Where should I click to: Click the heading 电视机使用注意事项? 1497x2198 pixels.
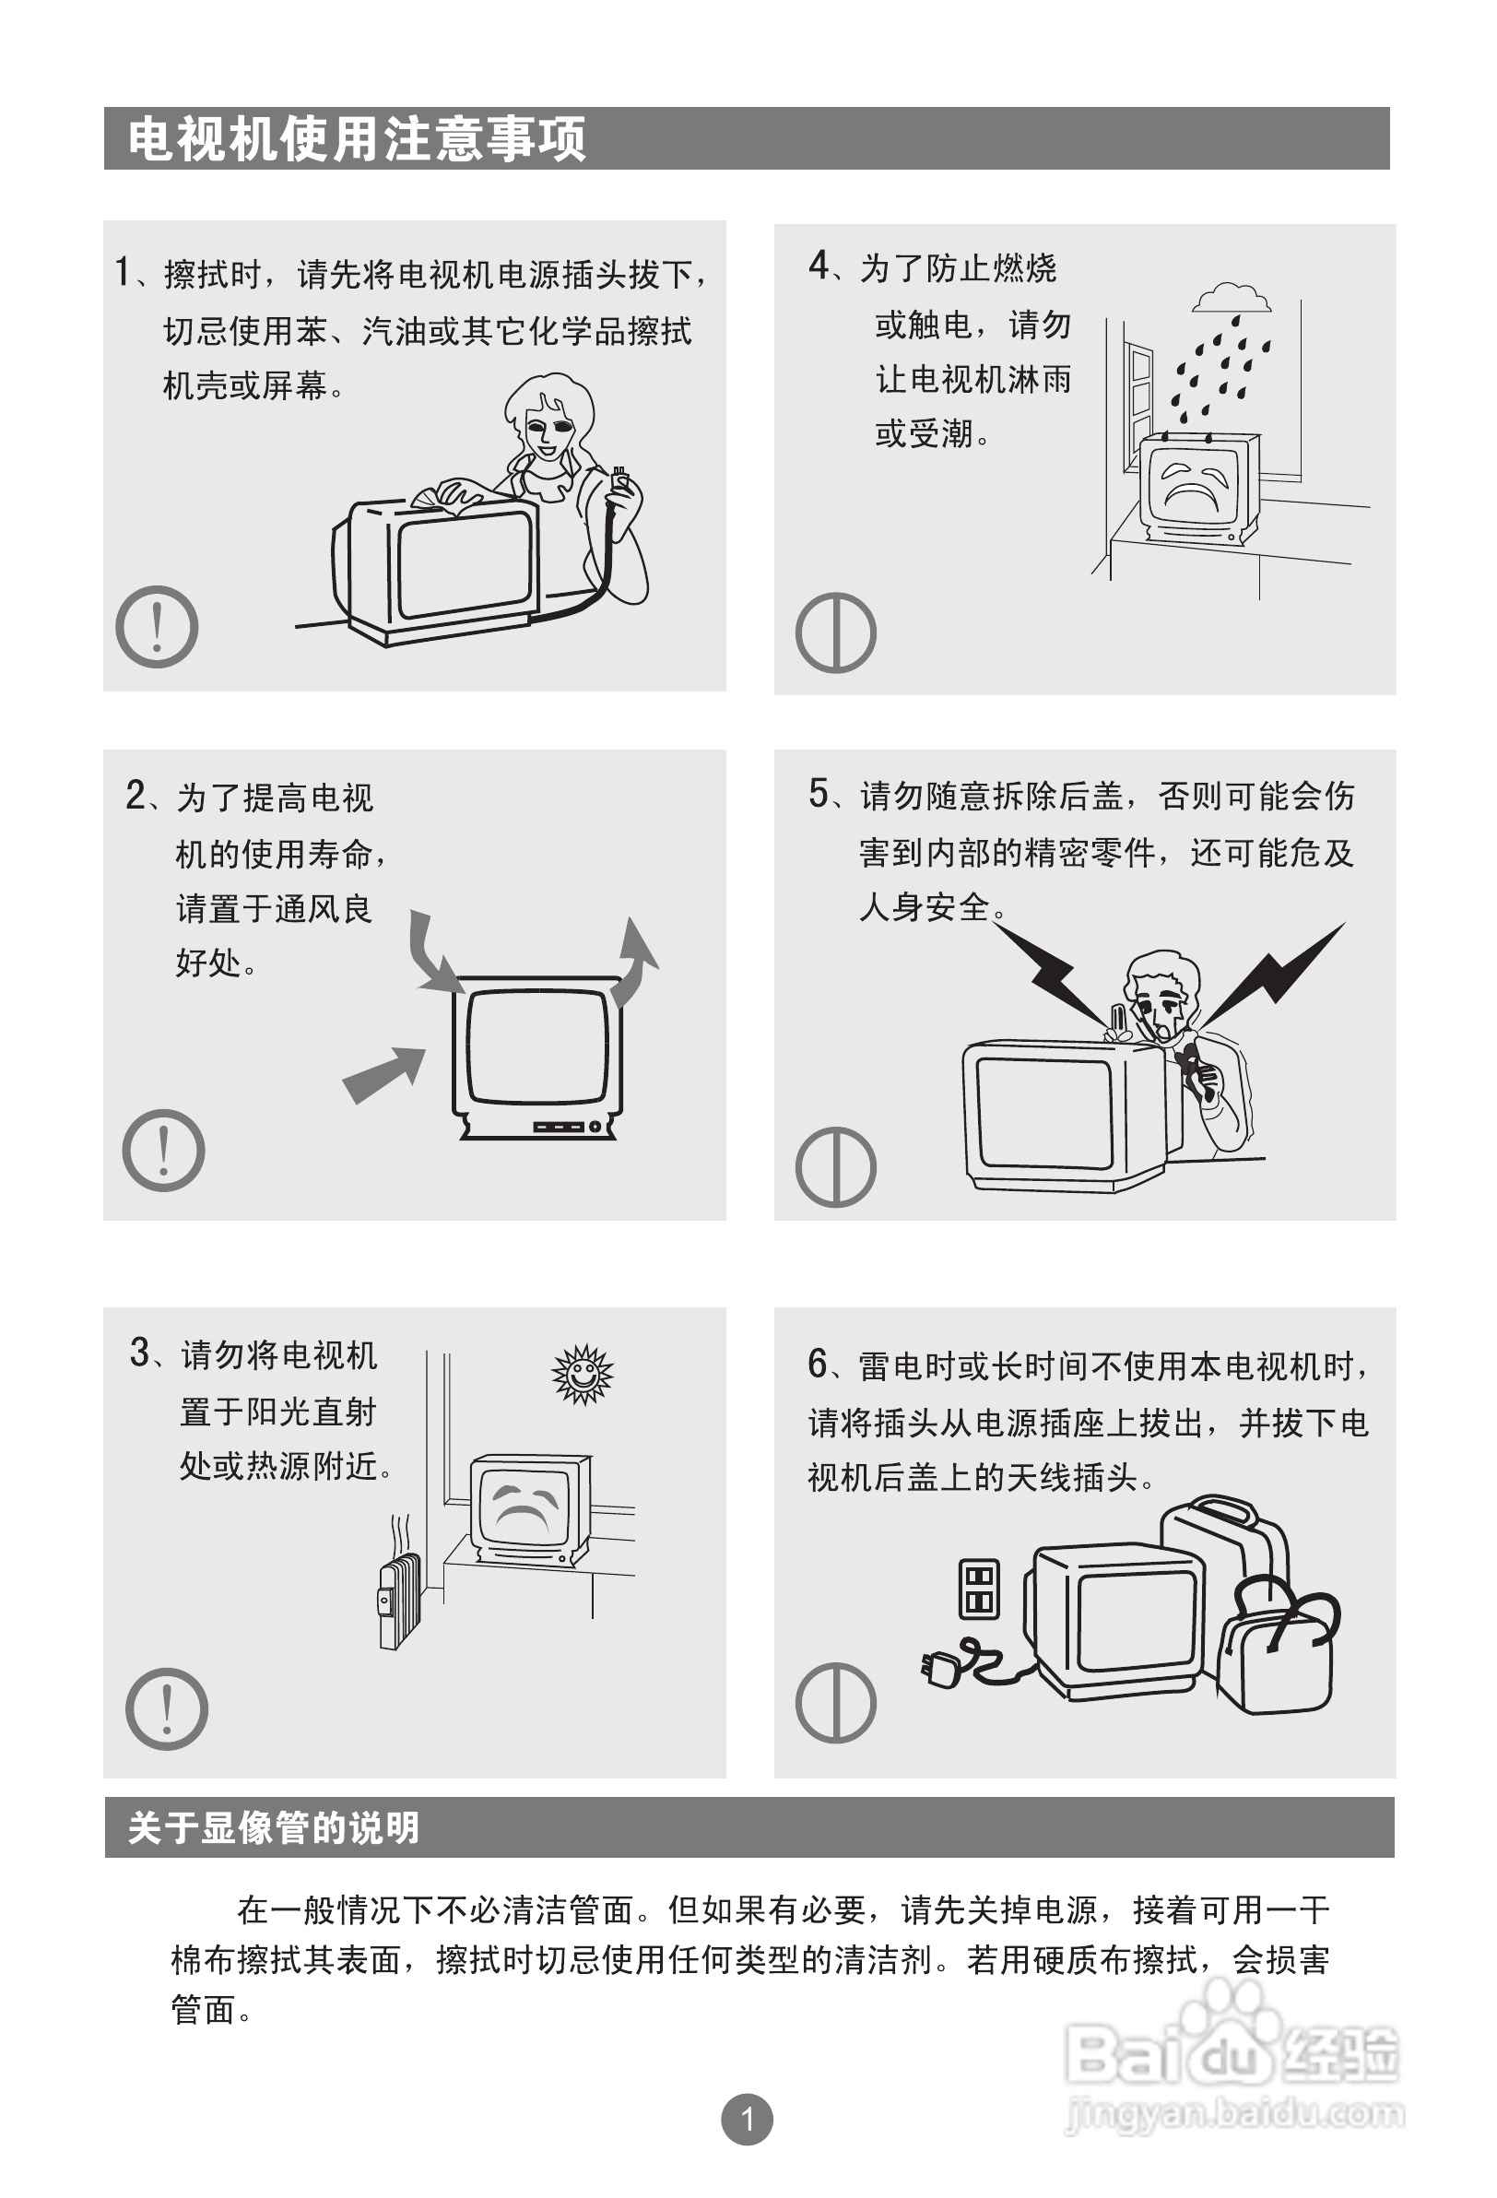358,139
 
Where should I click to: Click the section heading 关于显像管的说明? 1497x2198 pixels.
273,1827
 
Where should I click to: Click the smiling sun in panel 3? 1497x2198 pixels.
583,1373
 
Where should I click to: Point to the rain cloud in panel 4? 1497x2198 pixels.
1232,297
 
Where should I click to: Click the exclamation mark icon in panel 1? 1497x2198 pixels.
157,627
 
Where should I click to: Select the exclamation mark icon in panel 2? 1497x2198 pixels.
163,1150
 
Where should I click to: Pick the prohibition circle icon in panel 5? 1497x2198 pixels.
836,1167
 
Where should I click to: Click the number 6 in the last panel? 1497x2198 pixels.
818,1363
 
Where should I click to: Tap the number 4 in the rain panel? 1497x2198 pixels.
819,265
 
